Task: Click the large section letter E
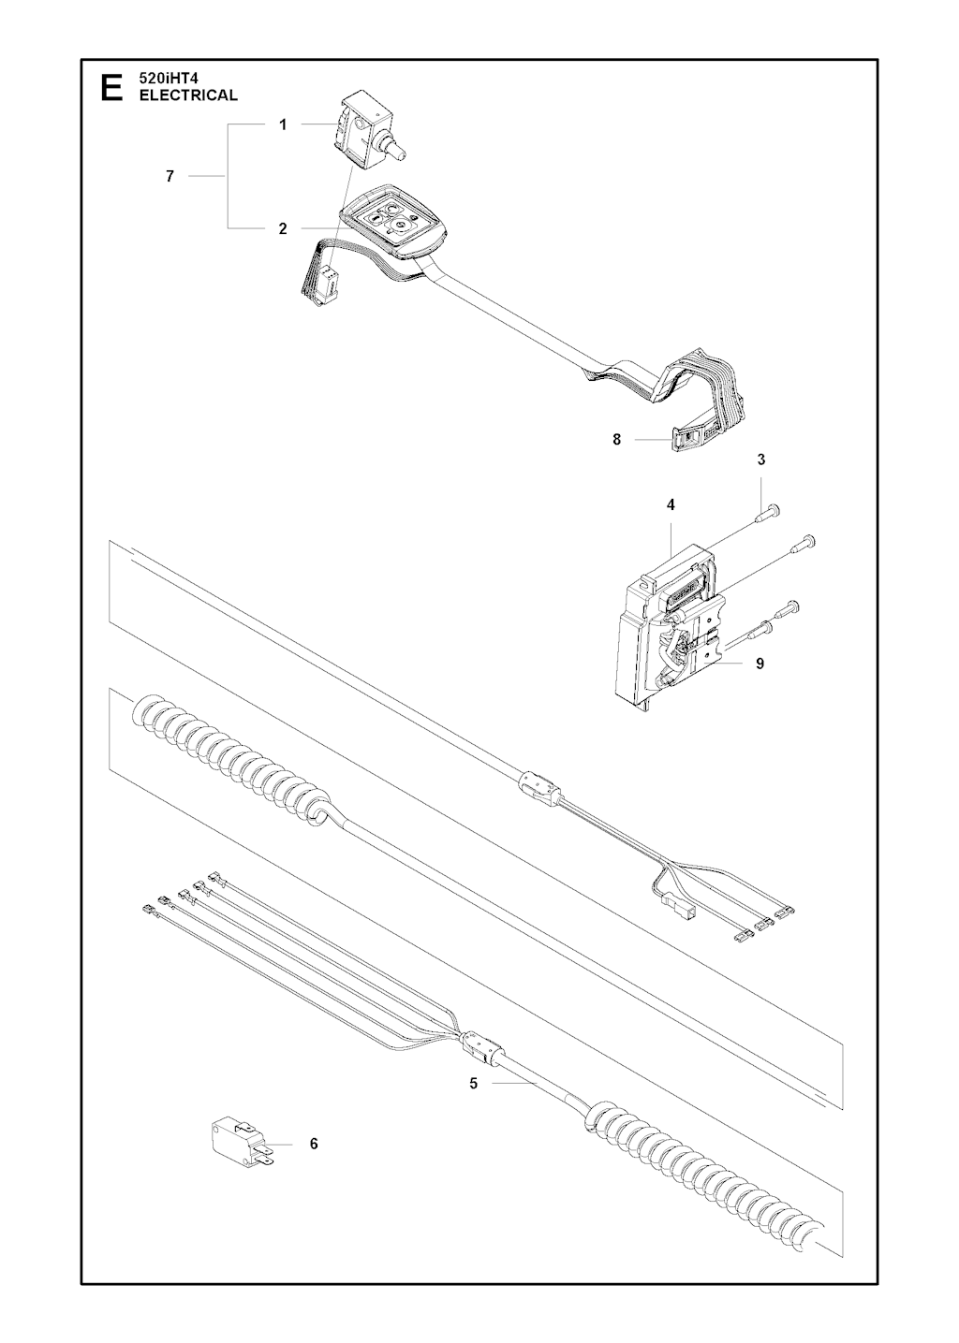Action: point(112,88)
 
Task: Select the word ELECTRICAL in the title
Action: point(188,95)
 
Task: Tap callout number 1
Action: point(283,125)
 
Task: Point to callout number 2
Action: point(283,228)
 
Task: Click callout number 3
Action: point(761,460)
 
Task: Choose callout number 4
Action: point(671,505)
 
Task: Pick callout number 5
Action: point(474,1084)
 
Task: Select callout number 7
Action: point(170,176)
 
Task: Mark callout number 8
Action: point(616,440)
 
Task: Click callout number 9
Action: point(760,664)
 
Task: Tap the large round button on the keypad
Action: point(398,226)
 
